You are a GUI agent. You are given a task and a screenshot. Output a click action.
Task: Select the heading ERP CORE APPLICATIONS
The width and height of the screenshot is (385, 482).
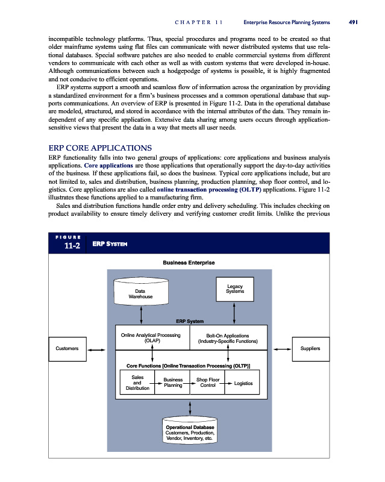[x=100, y=148]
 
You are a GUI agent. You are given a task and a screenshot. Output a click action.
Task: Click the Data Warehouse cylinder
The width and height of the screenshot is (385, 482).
[x=140, y=293]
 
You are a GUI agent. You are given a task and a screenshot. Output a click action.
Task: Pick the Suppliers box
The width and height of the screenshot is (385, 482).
[x=310, y=349]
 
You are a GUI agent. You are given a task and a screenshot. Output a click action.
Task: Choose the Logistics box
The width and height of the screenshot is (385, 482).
[x=243, y=383]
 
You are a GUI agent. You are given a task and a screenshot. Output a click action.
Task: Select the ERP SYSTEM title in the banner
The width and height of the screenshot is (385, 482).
[x=109, y=244]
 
